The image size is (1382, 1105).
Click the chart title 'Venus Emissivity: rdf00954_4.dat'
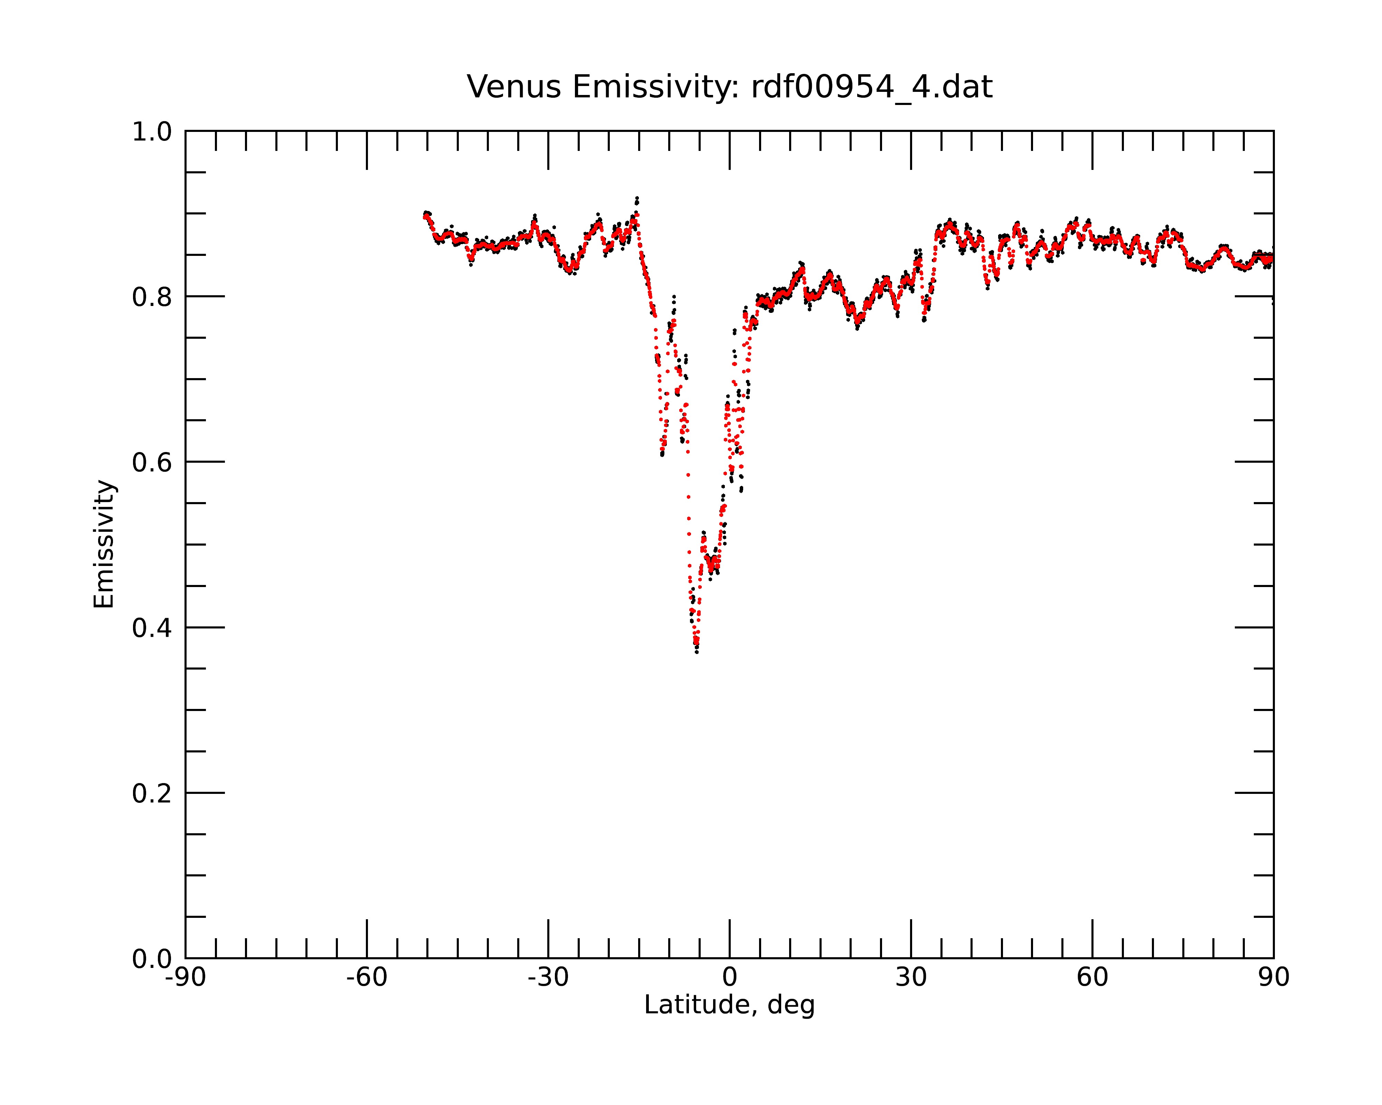click(x=729, y=87)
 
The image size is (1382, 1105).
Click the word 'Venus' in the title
click(x=514, y=87)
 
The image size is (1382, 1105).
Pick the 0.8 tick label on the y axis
click(x=152, y=297)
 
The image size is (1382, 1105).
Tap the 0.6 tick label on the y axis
click(x=152, y=462)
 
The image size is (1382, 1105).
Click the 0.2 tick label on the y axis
click(x=152, y=793)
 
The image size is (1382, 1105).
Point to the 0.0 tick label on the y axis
click(x=152, y=959)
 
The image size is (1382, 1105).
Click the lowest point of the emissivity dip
click(x=697, y=652)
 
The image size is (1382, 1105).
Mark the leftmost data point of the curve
click(x=424, y=216)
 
